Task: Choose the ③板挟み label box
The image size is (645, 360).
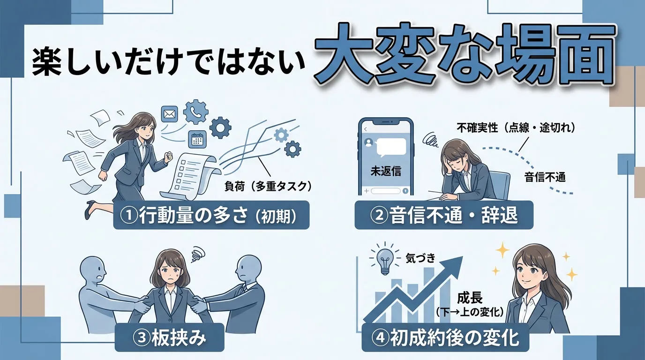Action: click(x=169, y=338)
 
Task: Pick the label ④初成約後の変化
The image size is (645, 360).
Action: click(x=446, y=338)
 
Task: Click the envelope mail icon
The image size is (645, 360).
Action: click(x=169, y=114)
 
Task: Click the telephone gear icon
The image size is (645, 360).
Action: click(x=196, y=112)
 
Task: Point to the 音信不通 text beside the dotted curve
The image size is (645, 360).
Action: click(x=545, y=177)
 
